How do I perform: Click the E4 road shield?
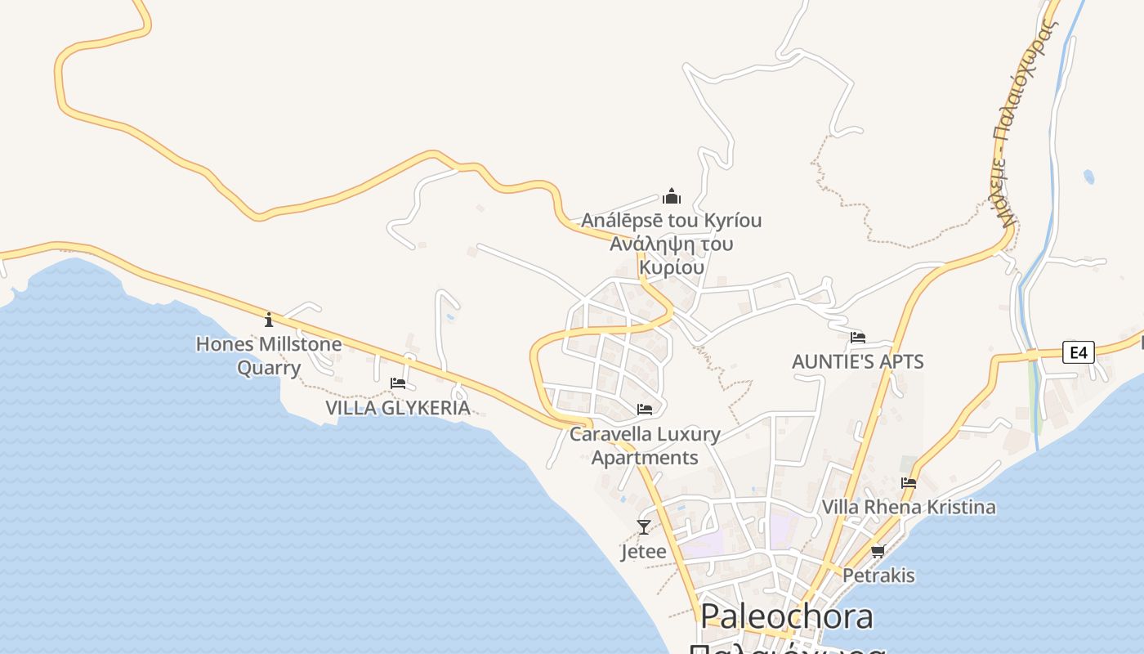tap(1079, 352)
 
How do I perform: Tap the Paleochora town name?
tap(787, 616)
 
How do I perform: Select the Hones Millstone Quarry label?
tap(269, 356)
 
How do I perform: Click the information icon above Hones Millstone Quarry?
tap(269, 320)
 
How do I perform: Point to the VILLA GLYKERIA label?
tap(398, 408)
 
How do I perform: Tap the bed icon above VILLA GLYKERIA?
tap(398, 383)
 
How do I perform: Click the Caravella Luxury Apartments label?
tap(645, 446)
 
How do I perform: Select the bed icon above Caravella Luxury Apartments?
tap(645, 409)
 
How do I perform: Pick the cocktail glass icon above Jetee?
tap(644, 527)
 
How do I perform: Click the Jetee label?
tap(644, 552)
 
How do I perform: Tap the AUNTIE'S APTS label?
tap(858, 361)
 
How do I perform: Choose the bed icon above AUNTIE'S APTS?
tap(858, 337)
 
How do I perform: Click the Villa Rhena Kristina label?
tap(909, 507)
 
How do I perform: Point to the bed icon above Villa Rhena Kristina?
tap(909, 482)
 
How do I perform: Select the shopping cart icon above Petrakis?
tap(878, 551)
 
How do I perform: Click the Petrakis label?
tap(878, 576)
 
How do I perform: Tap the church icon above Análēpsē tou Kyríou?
tap(672, 196)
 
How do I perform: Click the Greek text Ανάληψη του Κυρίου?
tap(672, 255)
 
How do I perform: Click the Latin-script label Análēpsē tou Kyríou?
tap(672, 221)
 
